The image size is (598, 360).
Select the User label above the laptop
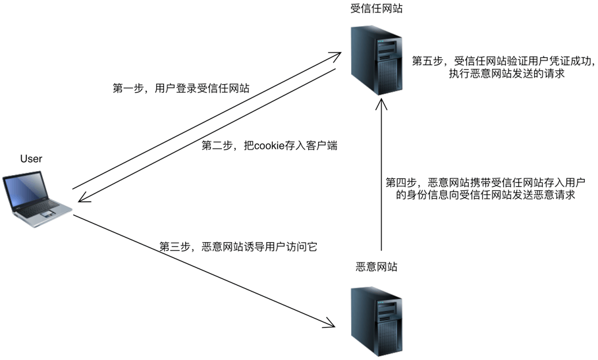point(31,159)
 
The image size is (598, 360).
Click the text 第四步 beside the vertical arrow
point(401,182)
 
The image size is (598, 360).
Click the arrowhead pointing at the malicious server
point(331,322)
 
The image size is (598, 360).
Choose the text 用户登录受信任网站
point(201,89)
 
